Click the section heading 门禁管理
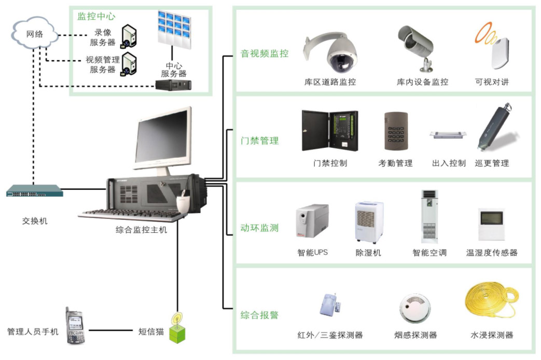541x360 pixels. (260, 141)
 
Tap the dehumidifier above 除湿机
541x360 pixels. (369, 222)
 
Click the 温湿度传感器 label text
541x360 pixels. (492, 253)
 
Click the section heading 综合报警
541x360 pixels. (260, 315)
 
